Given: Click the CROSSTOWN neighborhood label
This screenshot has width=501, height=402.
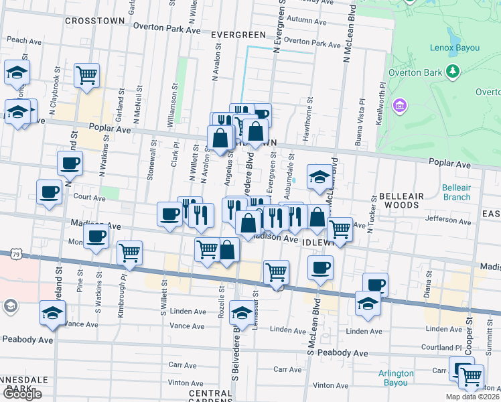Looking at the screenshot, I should click(95, 21).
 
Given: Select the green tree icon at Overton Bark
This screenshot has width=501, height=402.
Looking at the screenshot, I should click(453, 70).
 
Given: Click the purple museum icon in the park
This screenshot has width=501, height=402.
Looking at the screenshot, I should click(400, 105).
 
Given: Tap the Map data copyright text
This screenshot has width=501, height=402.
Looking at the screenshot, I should click(472, 397).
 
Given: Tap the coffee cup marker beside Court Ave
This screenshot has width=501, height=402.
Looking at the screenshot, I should click(49, 192).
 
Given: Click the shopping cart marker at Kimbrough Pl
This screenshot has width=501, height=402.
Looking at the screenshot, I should click(129, 253).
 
